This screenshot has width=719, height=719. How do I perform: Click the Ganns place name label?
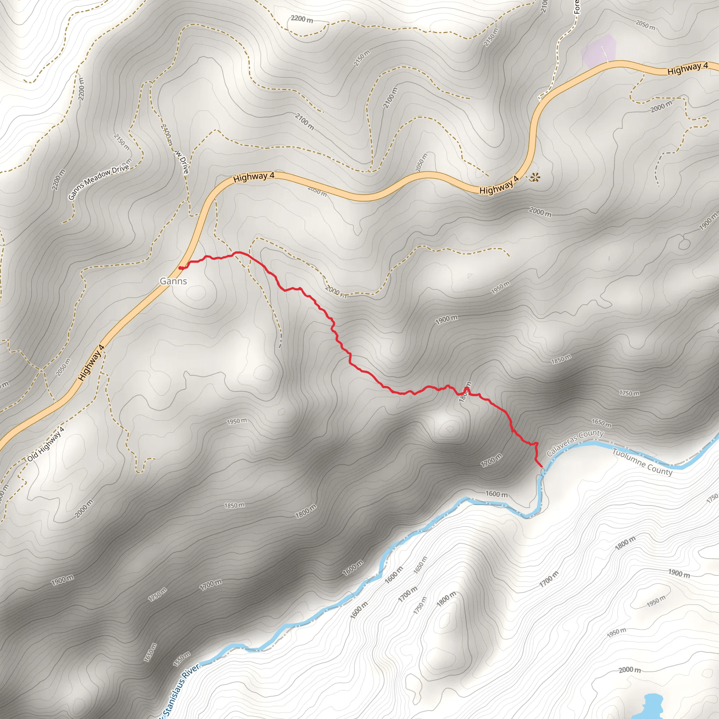click(173, 281)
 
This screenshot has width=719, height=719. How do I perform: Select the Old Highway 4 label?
click(46, 444)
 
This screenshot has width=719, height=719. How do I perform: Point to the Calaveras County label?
click(575, 443)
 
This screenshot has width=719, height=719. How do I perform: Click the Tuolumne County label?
click(642, 462)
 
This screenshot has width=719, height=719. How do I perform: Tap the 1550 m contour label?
click(182, 659)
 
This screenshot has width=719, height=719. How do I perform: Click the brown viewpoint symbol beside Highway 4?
click(535, 177)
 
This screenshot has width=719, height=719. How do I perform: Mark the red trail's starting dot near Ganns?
click(180, 268)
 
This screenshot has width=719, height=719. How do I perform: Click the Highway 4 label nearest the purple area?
click(687, 68)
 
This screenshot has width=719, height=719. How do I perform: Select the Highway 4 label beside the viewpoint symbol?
click(499, 185)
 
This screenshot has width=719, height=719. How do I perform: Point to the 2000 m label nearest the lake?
click(630, 670)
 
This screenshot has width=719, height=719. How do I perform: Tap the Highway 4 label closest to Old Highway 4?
click(91, 363)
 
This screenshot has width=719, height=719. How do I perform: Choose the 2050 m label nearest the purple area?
click(645, 25)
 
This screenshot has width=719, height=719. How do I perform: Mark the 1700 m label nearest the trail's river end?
click(491, 461)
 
